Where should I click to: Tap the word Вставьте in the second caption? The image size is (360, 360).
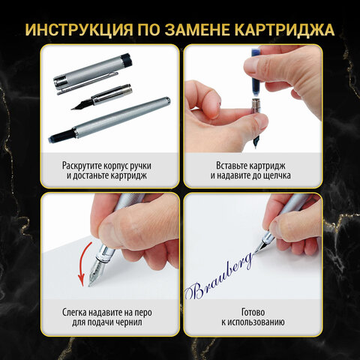(x=212, y=162)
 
